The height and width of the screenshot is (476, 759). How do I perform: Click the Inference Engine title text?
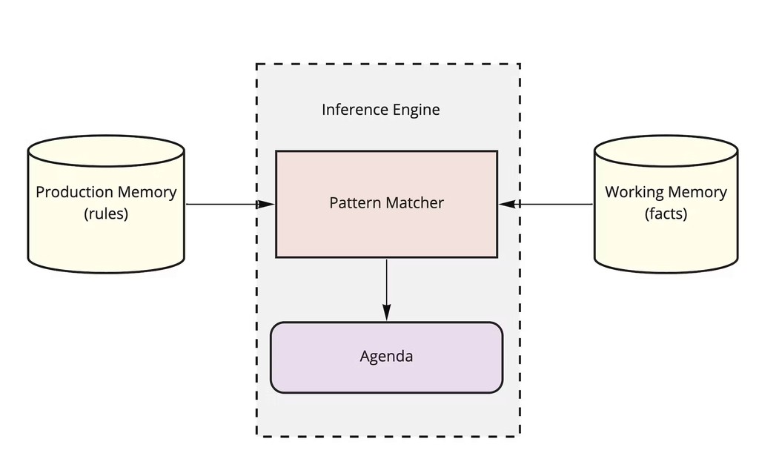click(380, 110)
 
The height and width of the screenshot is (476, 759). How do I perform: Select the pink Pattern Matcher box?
click(386, 230)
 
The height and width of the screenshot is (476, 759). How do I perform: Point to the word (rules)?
click(106, 214)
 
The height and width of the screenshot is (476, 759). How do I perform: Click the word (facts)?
click(666, 214)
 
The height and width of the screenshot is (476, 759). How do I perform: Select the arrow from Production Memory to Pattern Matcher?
click(222, 204)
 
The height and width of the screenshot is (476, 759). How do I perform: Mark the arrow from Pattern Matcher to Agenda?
click(386, 285)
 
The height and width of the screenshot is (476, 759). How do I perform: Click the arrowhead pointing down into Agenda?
click(386, 314)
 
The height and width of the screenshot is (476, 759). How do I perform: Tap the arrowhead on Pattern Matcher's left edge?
click(266, 204)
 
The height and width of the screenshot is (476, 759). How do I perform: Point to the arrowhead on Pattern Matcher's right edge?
click(507, 204)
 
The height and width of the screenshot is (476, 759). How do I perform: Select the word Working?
click(634, 192)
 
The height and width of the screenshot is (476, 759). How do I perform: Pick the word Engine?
click(416, 110)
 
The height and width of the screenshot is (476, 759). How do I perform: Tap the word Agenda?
click(386, 357)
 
